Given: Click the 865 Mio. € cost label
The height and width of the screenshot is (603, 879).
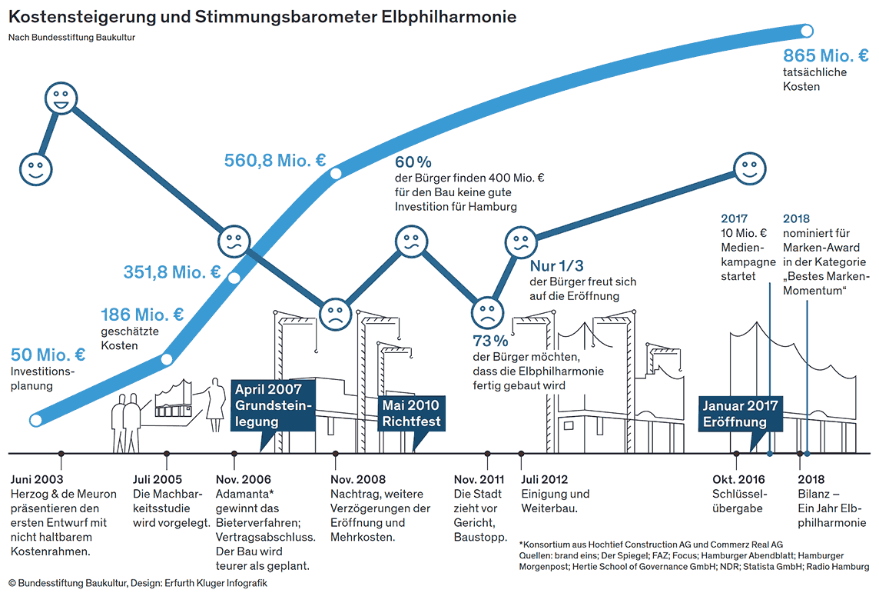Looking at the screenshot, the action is (826, 55).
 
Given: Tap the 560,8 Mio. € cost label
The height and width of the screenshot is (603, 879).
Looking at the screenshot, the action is (275, 161).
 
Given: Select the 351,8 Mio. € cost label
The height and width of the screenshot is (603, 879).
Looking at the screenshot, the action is (172, 272).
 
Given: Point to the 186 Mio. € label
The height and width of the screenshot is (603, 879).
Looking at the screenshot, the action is (142, 314).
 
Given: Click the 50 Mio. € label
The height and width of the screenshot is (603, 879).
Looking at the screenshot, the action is (48, 355).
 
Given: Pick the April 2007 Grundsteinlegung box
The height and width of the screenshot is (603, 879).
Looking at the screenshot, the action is (273, 405).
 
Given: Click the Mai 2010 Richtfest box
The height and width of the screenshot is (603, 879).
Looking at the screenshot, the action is (412, 413).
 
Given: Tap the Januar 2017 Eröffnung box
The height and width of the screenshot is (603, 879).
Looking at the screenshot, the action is (741, 414).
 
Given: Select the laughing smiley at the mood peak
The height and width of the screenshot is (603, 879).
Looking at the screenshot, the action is (61, 98).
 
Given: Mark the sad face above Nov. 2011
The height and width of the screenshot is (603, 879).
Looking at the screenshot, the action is (487, 313).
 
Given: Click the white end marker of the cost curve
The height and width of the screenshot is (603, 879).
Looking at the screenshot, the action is (807, 31).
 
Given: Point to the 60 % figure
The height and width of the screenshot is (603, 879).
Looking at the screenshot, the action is (413, 162).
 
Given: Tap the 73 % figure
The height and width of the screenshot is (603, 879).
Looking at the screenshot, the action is (490, 341).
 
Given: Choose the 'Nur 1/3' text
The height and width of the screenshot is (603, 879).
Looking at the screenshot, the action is (556, 265).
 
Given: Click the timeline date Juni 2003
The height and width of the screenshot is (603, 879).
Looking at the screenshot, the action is (37, 480).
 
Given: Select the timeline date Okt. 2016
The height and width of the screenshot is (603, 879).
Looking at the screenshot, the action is (738, 480).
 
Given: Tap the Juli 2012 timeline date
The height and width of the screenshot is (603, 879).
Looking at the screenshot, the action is (544, 480).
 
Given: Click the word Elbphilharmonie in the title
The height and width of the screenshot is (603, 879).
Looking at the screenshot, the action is (449, 17).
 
